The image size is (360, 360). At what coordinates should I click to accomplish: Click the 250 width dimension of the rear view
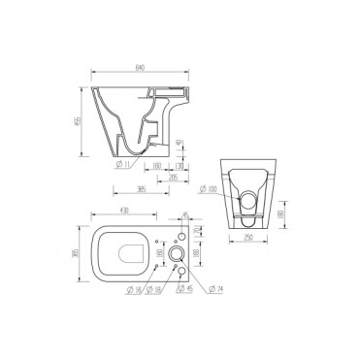(x=248, y=238)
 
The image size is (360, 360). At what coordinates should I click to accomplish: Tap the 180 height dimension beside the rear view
(x=278, y=213)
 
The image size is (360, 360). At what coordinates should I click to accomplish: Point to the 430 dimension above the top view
(x=124, y=212)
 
